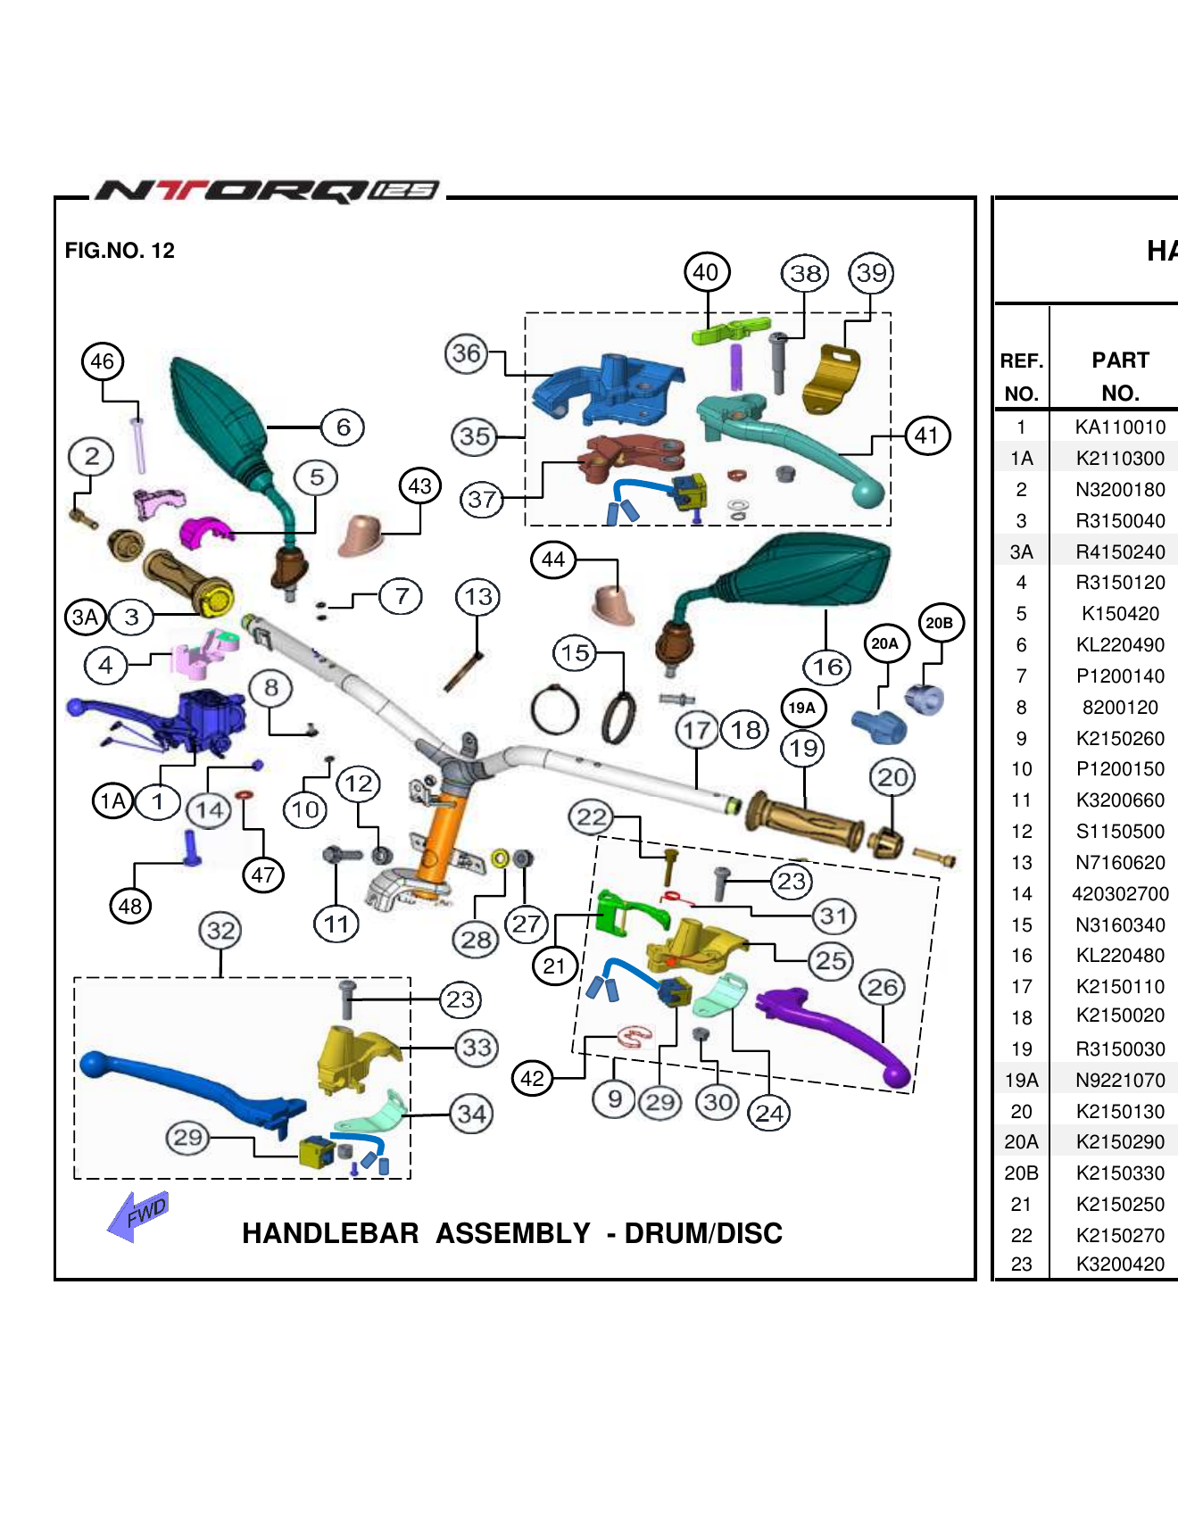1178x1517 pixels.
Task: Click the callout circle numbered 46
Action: [x=103, y=361]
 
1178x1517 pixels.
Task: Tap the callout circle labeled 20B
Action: [x=939, y=623]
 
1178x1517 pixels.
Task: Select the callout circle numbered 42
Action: [x=533, y=1078]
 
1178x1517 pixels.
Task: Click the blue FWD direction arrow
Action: [x=137, y=1215]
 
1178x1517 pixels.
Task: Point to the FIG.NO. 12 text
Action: [x=120, y=251]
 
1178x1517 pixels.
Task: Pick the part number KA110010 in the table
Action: [x=1120, y=427]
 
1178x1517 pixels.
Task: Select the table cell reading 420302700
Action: [x=1120, y=894]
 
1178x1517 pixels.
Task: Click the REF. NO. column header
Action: [x=1022, y=377]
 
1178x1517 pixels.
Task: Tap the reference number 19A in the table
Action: [x=1022, y=1081]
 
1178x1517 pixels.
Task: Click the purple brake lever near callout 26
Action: [x=839, y=1031]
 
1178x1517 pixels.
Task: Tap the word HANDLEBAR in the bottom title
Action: [x=330, y=1233]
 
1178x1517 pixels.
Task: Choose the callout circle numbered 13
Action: [x=478, y=597]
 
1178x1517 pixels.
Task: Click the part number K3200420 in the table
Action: [x=1120, y=1264]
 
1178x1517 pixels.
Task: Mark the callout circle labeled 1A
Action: [x=112, y=800]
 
